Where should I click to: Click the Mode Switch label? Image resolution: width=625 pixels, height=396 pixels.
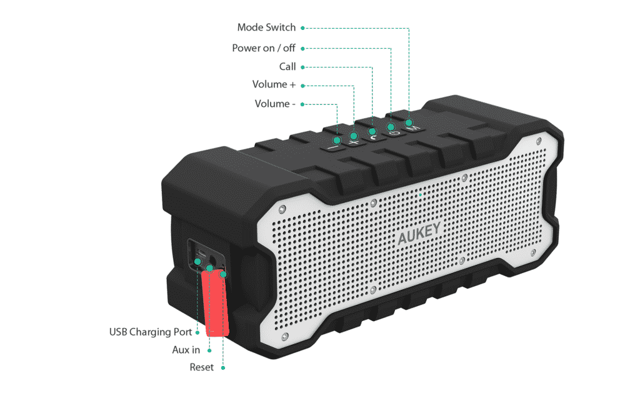[x=267, y=27]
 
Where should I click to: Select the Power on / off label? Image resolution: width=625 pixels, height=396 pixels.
[x=263, y=48]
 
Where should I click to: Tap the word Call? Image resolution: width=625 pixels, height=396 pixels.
[x=287, y=67]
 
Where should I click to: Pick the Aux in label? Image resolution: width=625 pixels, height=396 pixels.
[x=186, y=350]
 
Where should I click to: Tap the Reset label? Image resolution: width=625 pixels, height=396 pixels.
[x=201, y=367]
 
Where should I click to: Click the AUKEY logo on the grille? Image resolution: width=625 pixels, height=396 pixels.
[x=419, y=237]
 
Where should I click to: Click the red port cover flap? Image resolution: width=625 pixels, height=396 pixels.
[x=217, y=300]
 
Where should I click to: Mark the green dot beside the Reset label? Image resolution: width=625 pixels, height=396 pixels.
[x=223, y=367]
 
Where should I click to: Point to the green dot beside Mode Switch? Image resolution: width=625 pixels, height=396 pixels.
[x=302, y=28]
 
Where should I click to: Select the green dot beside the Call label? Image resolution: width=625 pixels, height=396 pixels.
[x=302, y=67]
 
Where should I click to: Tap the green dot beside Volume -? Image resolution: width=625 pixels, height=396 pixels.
[x=302, y=104]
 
